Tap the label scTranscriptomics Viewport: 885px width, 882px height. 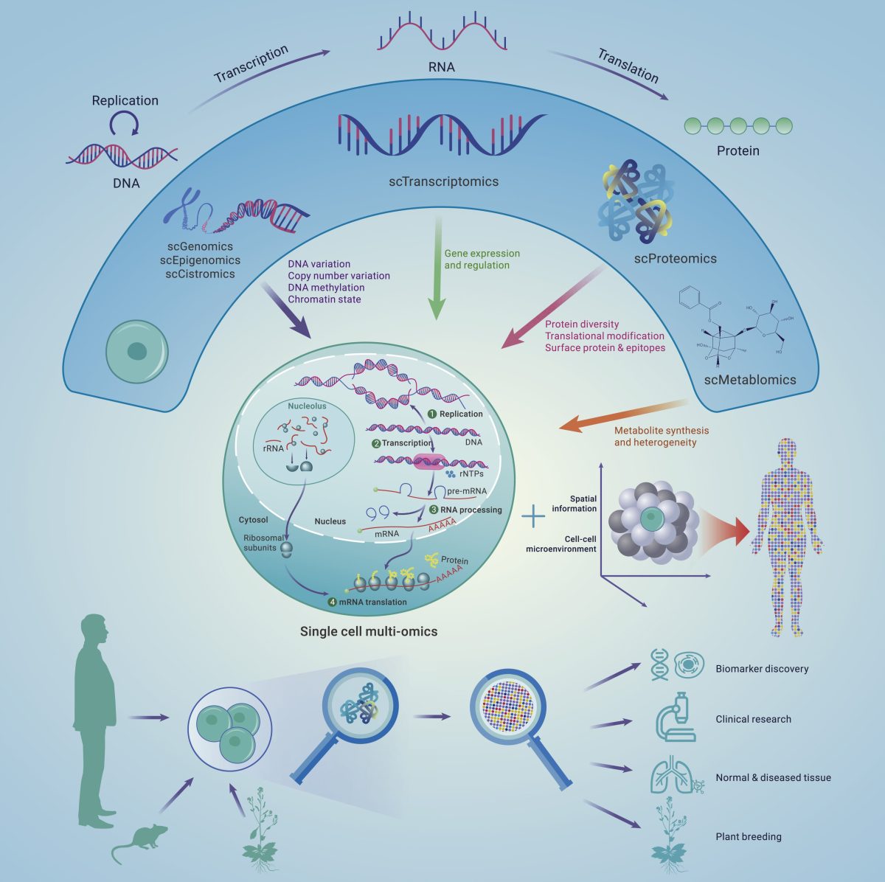click(x=444, y=181)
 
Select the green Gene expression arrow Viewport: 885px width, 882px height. click(x=437, y=268)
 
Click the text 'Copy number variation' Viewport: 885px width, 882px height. click(x=339, y=276)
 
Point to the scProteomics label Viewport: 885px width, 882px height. click(x=675, y=259)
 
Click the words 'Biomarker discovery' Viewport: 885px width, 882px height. click(x=762, y=669)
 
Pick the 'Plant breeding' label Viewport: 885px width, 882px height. click(x=748, y=836)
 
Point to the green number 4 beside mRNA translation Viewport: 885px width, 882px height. click(x=332, y=602)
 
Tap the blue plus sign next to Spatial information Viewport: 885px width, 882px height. click(x=533, y=516)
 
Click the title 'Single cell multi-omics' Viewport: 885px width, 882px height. click(x=368, y=631)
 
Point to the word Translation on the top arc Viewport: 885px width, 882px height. click(x=628, y=66)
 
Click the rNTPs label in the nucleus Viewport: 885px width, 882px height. click(x=471, y=473)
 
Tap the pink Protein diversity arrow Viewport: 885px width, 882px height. click(x=553, y=308)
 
